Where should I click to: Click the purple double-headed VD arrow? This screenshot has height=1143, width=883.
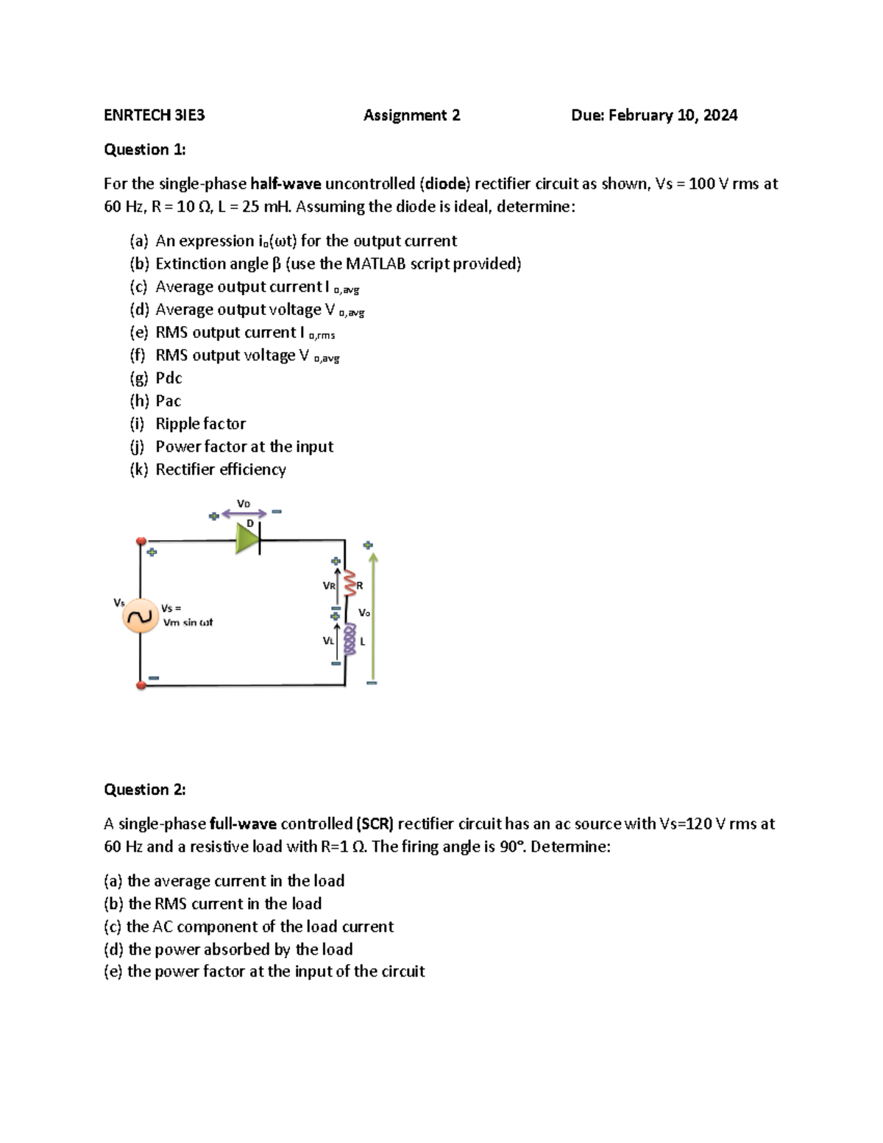click(244, 514)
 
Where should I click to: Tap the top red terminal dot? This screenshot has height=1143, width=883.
click(141, 541)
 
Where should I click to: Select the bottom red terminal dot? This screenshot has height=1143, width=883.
click(141, 685)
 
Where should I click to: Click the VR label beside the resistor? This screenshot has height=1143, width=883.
click(329, 586)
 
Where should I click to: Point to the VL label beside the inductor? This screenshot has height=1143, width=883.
click(328, 641)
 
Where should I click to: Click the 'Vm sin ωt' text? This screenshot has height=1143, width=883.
click(188, 623)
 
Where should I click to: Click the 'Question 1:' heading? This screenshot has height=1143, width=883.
click(145, 150)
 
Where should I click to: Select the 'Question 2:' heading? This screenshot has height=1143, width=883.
click(145, 790)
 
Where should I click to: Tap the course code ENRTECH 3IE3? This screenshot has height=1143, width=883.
click(155, 116)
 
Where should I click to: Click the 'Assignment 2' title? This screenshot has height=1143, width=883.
click(411, 116)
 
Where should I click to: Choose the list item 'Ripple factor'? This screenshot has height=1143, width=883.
click(200, 424)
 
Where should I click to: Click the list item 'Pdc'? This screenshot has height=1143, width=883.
click(169, 378)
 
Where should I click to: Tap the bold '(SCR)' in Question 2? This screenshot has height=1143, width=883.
click(375, 824)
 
